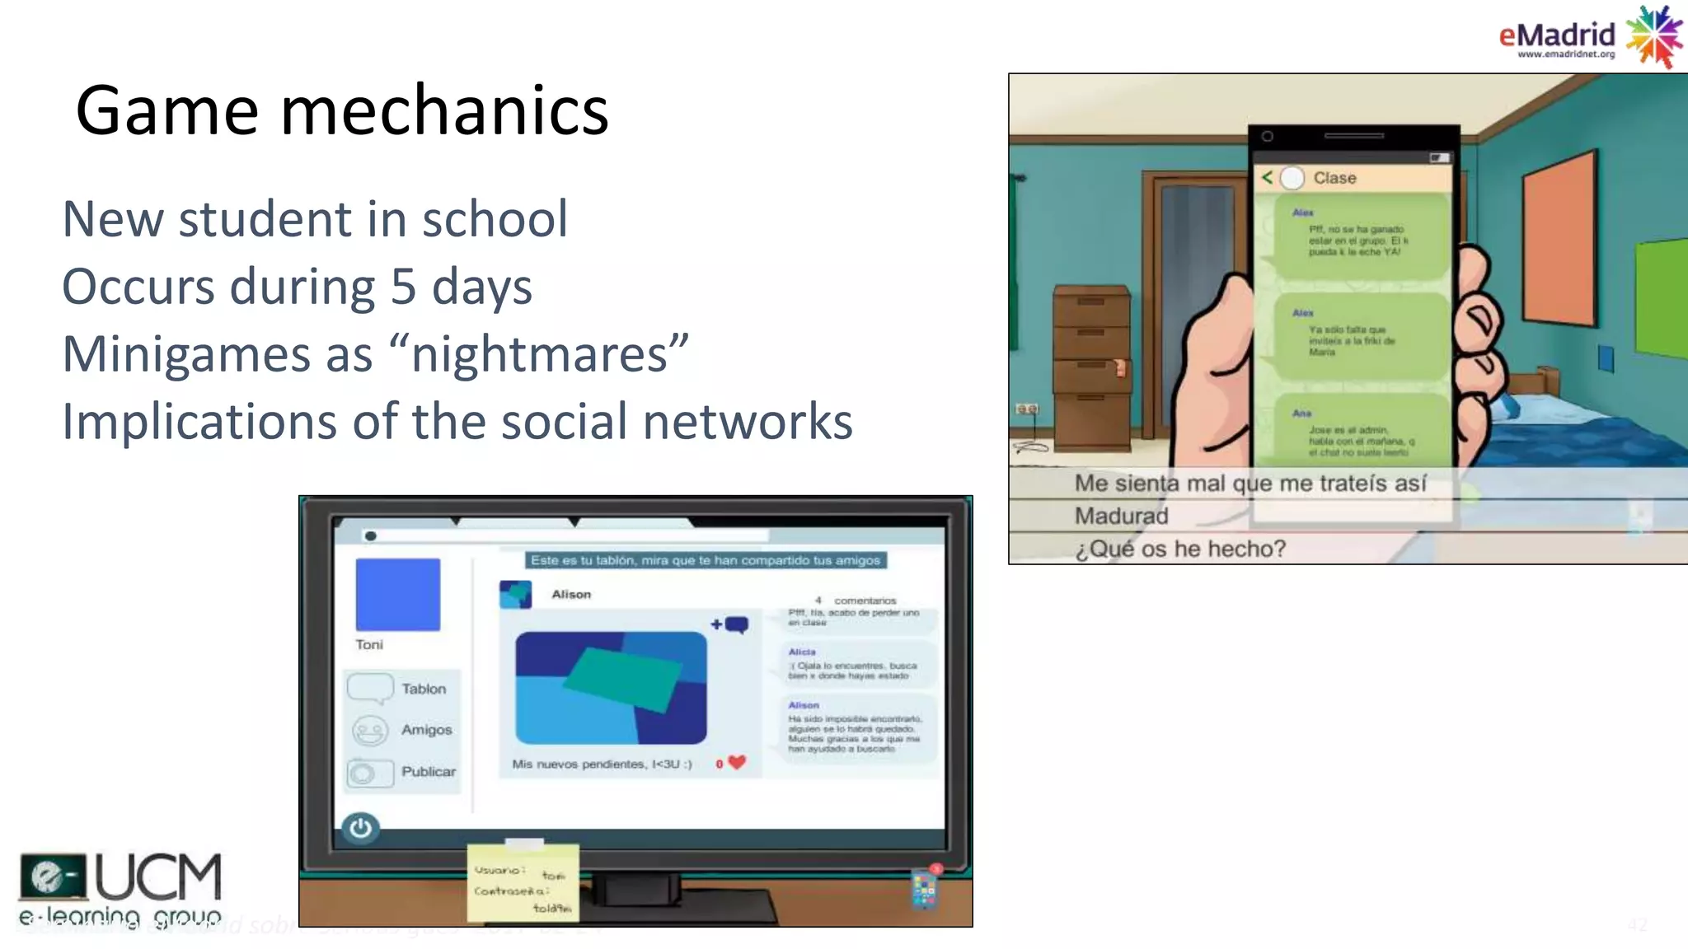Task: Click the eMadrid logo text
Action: [x=1556, y=35]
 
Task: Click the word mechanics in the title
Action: [x=444, y=110]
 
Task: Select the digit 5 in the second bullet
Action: [x=403, y=287]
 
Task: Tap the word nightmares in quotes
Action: [x=539, y=354]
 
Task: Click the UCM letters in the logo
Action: [x=158, y=877]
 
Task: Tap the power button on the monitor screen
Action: [x=360, y=827]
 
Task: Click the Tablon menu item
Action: [x=423, y=689]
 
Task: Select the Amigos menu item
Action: [x=426, y=730]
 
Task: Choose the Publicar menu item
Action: [x=428, y=772]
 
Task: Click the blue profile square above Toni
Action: [x=398, y=595]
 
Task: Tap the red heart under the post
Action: [x=737, y=763]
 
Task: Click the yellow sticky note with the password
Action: [x=523, y=882]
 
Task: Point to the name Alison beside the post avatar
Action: [x=571, y=594]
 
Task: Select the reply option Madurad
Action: [x=1121, y=517]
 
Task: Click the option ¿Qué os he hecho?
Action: [x=1179, y=549]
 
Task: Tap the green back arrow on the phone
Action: [x=1268, y=177]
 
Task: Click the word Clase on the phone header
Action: [x=1334, y=178]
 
